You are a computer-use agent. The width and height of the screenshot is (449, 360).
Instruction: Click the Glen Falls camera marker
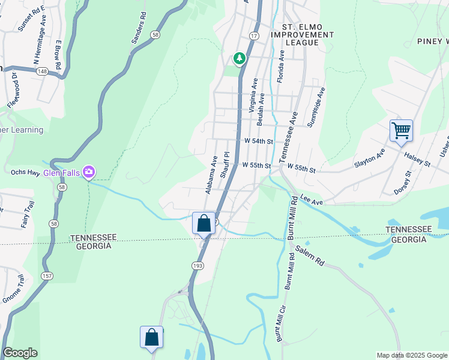[x=89, y=173]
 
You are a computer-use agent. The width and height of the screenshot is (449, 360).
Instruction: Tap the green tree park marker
[x=240, y=58]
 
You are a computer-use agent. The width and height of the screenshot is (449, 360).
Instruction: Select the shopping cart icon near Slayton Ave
[x=400, y=130]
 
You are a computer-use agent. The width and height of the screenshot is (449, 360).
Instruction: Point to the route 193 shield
[x=199, y=265]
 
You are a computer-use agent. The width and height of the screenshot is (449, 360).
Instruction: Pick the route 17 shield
[x=254, y=37]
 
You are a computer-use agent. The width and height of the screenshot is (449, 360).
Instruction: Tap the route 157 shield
[x=46, y=275]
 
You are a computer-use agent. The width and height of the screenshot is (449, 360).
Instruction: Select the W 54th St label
[x=259, y=142]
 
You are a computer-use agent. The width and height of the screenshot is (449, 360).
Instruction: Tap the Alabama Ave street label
[x=211, y=175]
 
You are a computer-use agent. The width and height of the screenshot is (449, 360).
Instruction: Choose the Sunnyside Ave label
[x=316, y=106]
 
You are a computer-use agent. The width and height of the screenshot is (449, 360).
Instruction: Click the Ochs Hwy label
[x=25, y=172]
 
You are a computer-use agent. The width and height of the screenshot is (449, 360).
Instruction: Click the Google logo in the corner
[x=20, y=353]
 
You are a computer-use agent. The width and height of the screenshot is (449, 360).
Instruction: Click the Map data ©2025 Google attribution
[x=411, y=355]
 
